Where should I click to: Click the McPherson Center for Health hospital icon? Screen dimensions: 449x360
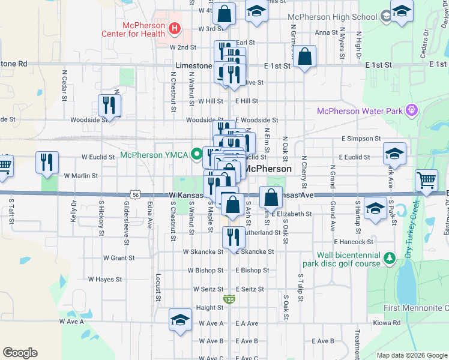tap(174, 28)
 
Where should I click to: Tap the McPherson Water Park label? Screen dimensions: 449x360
tap(360, 111)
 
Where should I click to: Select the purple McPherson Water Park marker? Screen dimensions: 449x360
tap(411, 110)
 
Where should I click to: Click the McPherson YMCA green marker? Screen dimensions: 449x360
tap(196, 155)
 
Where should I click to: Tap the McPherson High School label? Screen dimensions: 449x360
tap(332, 17)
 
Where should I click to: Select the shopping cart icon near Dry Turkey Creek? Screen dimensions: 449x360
tap(426, 179)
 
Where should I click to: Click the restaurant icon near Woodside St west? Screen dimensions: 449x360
tap(109, 106)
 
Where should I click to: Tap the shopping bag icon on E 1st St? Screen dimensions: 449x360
tap(305, 57)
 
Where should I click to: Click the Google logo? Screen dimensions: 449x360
tap(20, 353)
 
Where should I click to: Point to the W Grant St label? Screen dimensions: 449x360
tap(118, 257)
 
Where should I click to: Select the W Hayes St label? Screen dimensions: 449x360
tap(105, 279)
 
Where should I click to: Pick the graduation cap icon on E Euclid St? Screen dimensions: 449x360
tap(394, 152)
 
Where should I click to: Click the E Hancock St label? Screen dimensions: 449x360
tap(354, 242)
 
